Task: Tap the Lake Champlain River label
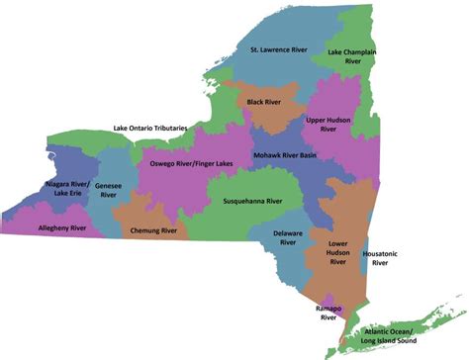coord(356,55)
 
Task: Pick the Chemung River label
coord(153,229)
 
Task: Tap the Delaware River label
coord(288,238)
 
